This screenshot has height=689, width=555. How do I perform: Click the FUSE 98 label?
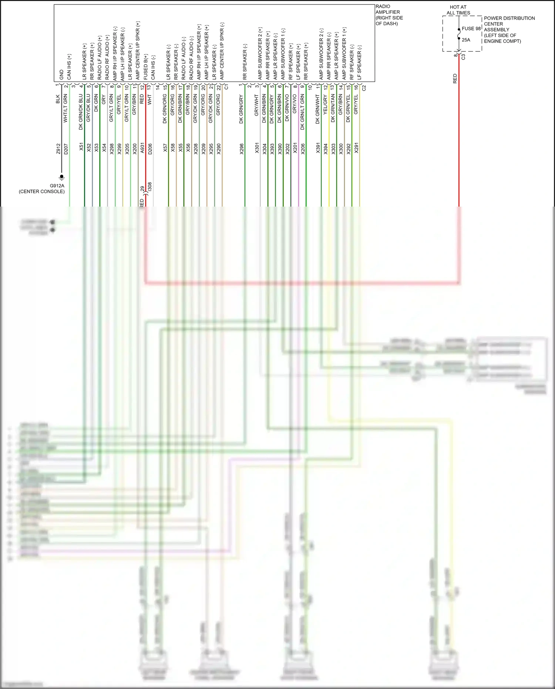click(x=471, y=29)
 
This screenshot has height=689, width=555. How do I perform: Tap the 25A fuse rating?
click(x=466, y=40)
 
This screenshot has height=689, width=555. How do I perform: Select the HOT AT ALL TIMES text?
click(x=458, y=10)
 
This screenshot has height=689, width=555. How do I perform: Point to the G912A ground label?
click(x=57, y=186)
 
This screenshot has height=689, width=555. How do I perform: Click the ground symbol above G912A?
click(x=62, y=177)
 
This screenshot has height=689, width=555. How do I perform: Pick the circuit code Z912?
click(x=58, y=148)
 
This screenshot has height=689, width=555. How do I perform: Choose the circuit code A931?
click(x=142, y=148)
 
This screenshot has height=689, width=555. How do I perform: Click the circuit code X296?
click(x=242, y=148)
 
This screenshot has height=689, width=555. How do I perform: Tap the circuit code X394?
click(x=326, y=148)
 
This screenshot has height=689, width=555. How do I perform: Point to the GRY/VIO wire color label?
click(x=295, y=104)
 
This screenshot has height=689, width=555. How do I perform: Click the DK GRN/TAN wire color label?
click(x=333, y=108)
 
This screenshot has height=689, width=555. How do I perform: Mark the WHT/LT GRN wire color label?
click(x=65, y=108)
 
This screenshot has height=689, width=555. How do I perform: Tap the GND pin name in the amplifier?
click(x=61, y=75)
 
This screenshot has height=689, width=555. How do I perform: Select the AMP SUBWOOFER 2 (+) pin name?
click(x=260, y=53)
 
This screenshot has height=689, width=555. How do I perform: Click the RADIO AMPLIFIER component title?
click(x=388, y=15)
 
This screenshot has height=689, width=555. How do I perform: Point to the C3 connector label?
click(x=463, y=57)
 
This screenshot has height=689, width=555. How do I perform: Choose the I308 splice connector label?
click(x=149, y=187)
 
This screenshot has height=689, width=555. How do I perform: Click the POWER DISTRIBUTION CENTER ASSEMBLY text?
click(x=509, y=30)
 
